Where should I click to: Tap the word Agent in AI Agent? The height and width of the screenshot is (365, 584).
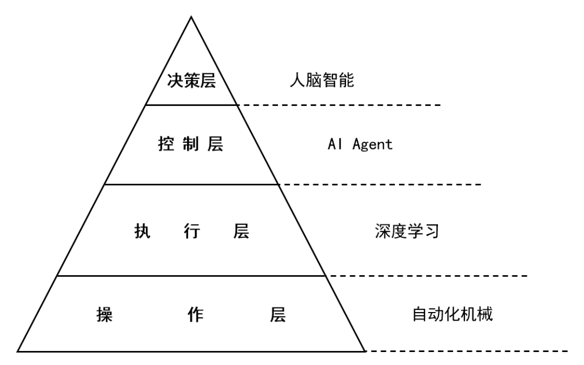pyautogui.click(x=373, y=145)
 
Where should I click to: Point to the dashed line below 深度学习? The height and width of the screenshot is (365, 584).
pyautogui.click(x=427, y=276)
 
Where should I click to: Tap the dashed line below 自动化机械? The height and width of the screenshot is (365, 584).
pyautogui.click(x=468, y=351)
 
